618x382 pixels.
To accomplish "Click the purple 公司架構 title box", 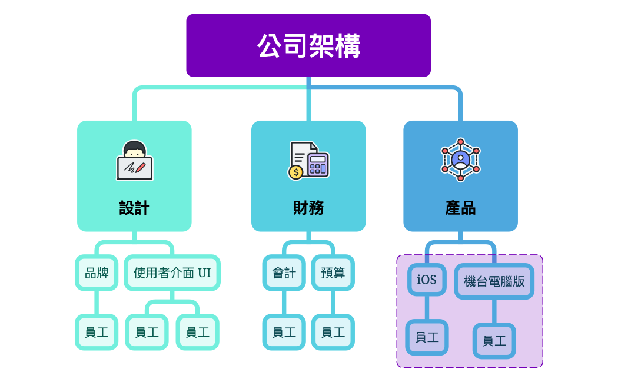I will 308,45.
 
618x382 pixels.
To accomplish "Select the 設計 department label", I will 134,208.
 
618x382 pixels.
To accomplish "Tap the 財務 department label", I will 308,208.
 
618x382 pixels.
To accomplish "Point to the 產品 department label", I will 460,208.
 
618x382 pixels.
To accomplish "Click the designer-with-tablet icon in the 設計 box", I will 135,160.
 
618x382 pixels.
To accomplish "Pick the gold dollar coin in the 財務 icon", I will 295,171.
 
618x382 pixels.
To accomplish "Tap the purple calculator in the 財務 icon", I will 318,164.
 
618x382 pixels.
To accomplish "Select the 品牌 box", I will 97,273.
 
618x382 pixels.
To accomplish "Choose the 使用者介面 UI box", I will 172,273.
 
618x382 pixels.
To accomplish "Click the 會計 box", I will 284,273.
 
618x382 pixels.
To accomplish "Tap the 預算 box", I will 333,273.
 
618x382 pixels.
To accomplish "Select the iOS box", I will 427,279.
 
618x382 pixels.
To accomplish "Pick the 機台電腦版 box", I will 494,281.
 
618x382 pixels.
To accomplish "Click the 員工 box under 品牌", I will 97,332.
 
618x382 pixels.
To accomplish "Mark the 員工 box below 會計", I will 284,332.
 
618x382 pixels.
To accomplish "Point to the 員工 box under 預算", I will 333,332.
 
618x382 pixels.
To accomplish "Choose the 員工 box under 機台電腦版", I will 494,340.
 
